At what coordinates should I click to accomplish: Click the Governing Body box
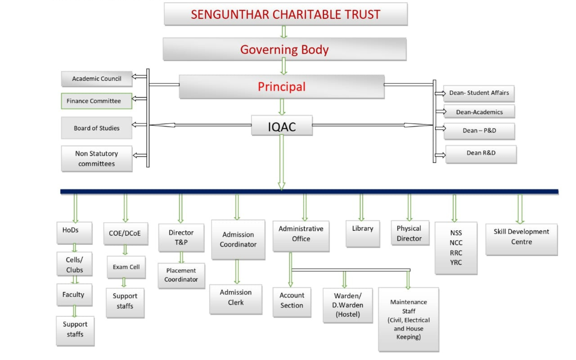[x=285, y=49]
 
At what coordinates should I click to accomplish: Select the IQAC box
[x=282, y=126]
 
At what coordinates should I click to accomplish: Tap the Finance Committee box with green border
[x=97, y=101]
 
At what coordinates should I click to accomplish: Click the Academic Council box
[x=97, y=79]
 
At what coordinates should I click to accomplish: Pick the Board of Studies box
[x=97, y=128]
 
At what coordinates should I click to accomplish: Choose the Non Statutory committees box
[x=97, y=159]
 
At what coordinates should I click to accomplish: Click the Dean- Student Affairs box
[x=479, y=93]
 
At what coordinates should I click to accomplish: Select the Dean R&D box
[x=481, y=154]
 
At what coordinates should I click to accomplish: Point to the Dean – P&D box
[x=479, y=131]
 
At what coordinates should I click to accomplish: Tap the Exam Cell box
[x=126, y=267]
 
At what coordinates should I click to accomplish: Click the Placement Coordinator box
[x=181, y=276]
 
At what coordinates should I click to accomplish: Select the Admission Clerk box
[x=236, y=299]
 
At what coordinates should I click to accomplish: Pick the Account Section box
[x=292, y=302]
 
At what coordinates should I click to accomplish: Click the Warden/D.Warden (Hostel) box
[x=348, y=306]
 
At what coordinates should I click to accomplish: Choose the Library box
[x=363, y=234]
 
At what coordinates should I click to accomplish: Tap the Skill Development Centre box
[x=522, y=239]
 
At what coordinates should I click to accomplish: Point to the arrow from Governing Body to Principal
[x=283, y=66]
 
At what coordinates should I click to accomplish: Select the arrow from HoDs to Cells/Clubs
[x=75, y=248]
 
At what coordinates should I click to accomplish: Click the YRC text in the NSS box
[x=456, y=262]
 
